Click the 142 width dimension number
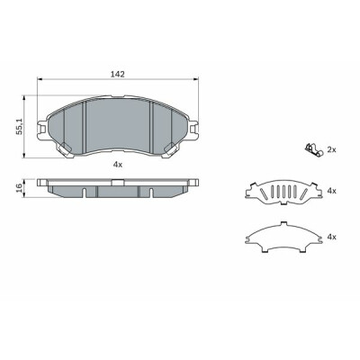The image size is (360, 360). point(118,74)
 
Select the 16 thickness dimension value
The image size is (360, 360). point(19,188)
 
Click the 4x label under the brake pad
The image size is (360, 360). point(117,164)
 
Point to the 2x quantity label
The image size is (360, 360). point(331,149)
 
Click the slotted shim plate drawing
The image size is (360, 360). point(283,193)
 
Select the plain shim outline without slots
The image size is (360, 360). point(283,238)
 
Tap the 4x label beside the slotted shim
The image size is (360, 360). point(332,191)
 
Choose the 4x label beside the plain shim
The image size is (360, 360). point(332,238)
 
